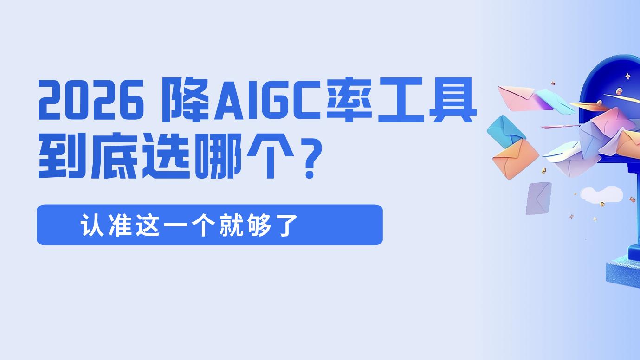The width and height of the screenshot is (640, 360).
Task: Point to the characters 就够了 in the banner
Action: point(262,225)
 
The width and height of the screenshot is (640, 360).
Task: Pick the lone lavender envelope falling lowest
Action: point(538,197)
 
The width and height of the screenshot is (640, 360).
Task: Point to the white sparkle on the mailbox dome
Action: point(627,76)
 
